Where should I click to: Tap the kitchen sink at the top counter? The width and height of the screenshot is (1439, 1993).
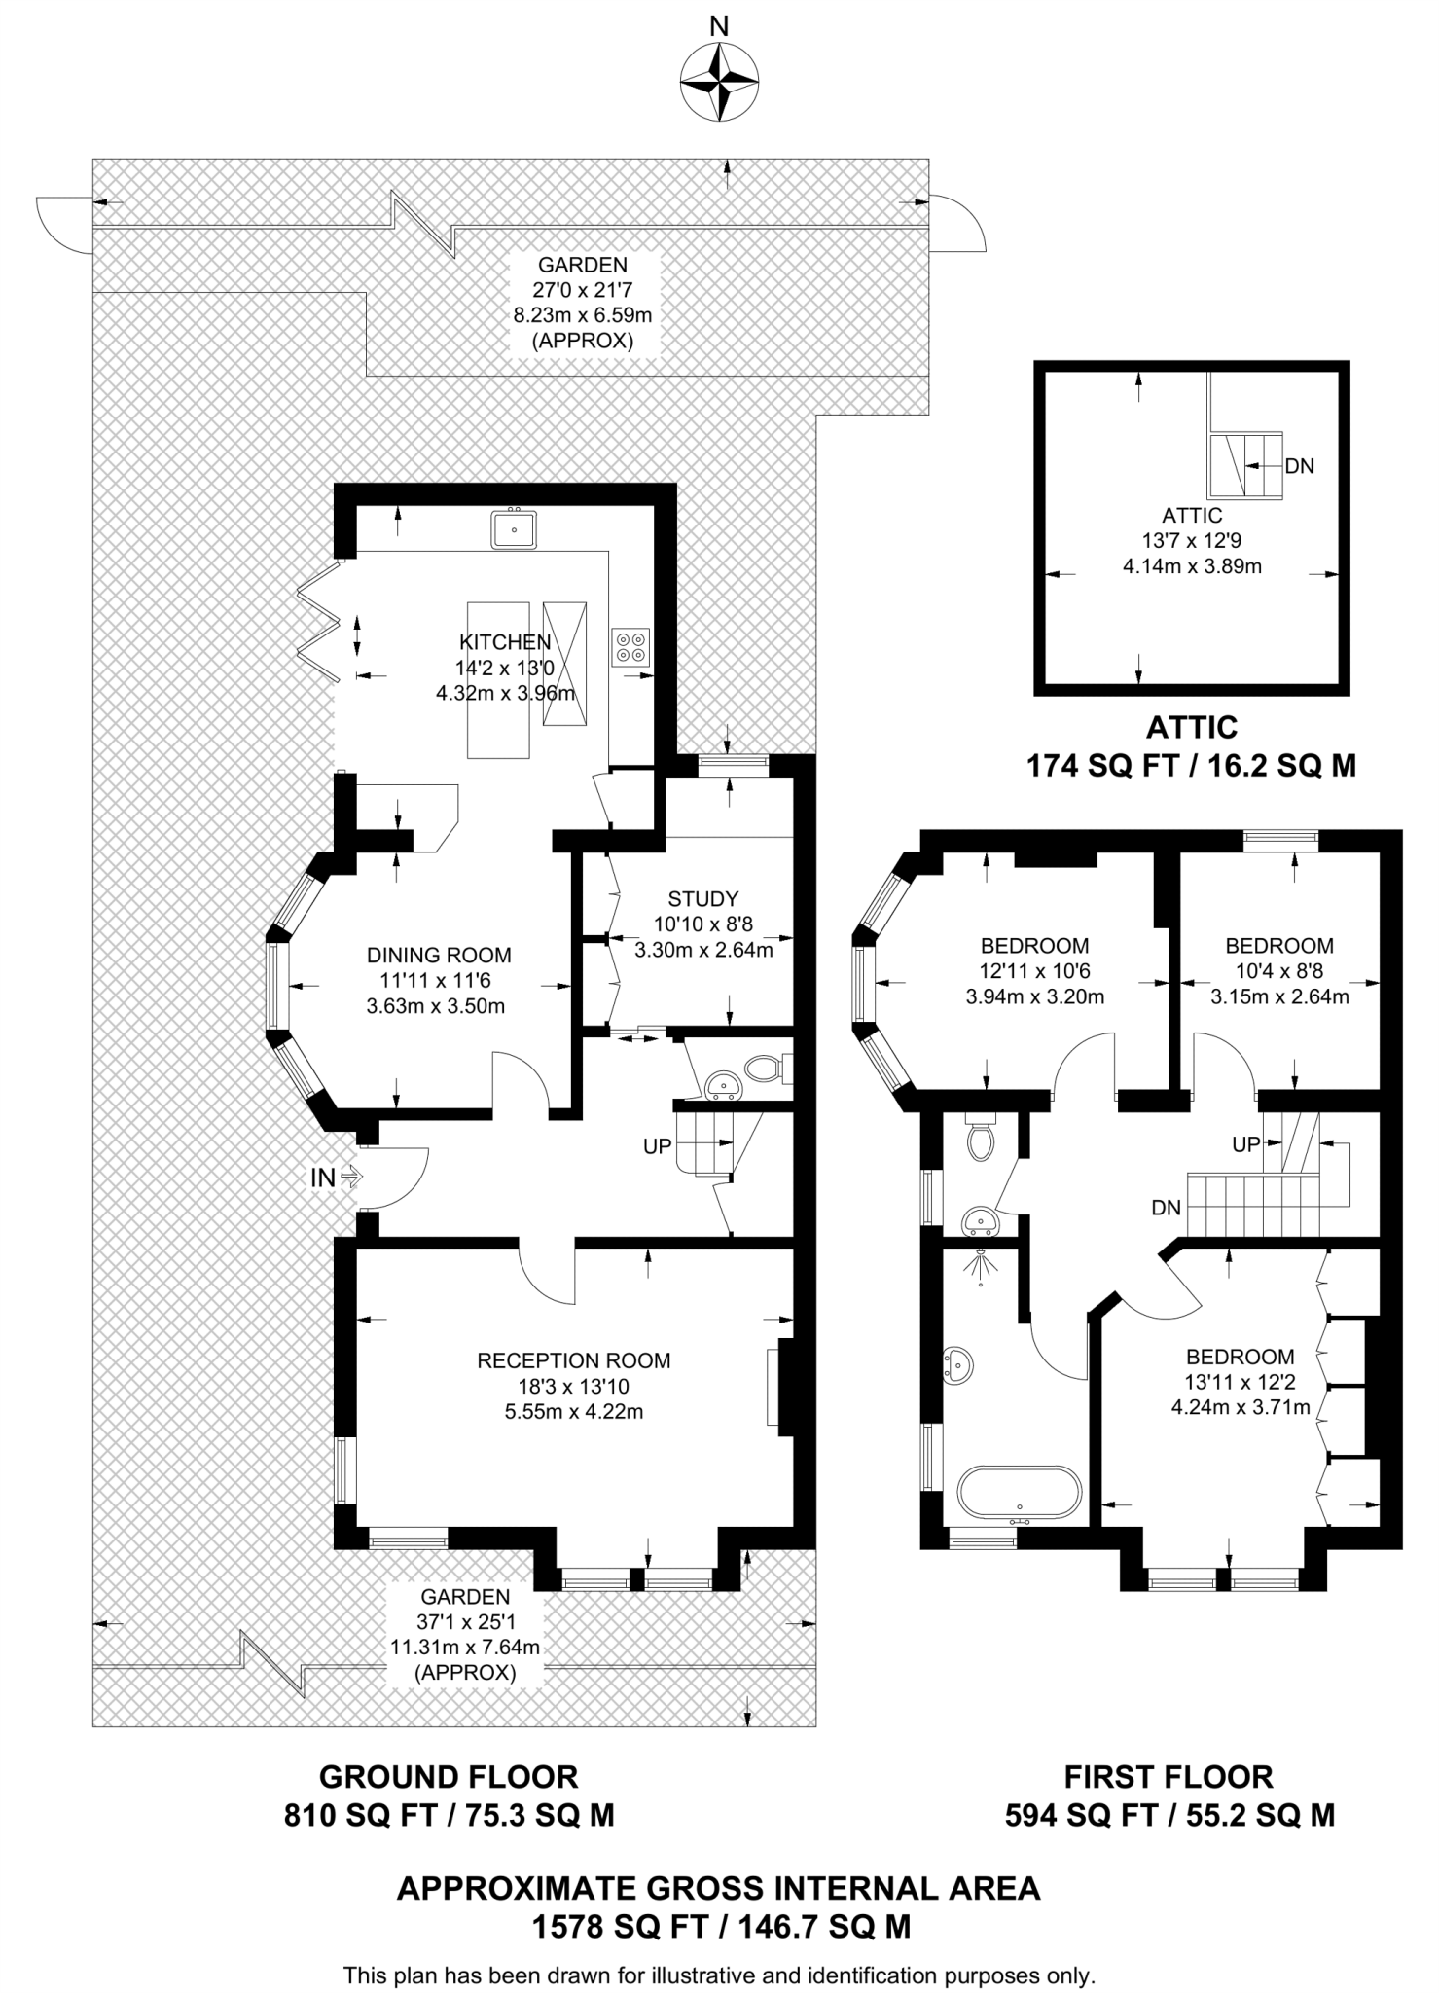(x=512, y=530)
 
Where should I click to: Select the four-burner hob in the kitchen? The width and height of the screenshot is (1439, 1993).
(x=630, y=647)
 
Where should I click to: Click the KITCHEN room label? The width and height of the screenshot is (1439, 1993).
(x=505, y=642)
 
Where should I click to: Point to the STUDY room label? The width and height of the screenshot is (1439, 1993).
(x=702, y=898)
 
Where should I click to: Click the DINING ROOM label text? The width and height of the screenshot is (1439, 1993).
(x=438, y=956)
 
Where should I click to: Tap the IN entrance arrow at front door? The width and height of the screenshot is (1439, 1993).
(x=336, y=1178)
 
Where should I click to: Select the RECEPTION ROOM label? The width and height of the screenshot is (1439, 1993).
(x=573, y=1360)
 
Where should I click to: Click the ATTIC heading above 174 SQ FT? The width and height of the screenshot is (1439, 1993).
(x=1191, y=727)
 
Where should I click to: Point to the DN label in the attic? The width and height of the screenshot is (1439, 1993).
(x=1299, y=466)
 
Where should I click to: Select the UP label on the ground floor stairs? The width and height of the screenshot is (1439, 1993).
(x=657, y=1146)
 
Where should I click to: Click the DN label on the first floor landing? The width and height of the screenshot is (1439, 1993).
(x=1166, y=1208)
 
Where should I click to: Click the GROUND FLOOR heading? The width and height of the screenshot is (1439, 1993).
(x=449, y=1777)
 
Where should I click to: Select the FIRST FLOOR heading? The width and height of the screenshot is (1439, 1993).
(x=1168, y=1777)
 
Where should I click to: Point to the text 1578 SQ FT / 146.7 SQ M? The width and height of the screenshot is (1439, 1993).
(x=719, y=1926)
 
